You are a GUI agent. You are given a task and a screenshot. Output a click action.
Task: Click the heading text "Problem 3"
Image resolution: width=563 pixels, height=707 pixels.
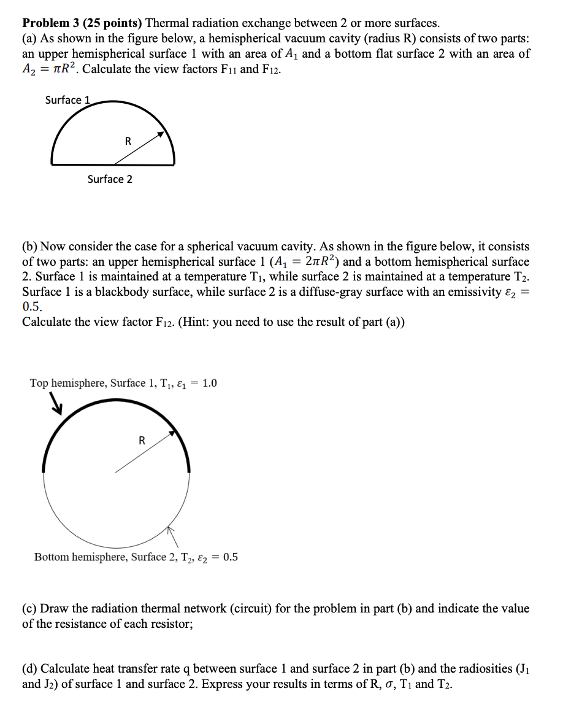(x=51, y=23)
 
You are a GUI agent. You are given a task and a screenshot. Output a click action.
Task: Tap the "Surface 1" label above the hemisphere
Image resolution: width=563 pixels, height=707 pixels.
(x=67, y=100)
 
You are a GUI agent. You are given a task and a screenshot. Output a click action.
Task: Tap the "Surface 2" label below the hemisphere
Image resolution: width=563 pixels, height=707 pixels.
(x=110, y=179)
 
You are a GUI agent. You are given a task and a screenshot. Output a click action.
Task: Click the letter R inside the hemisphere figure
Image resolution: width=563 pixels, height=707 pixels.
(x=128, y=141)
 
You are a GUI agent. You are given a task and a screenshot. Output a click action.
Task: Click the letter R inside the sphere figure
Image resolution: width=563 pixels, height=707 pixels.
(x=142, y=440)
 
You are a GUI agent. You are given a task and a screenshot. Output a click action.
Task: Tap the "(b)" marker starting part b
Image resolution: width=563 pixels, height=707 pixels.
(x=30, y=247)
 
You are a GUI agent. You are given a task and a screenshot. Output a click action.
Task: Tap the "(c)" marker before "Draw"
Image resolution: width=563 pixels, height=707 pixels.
(x=30, y=609)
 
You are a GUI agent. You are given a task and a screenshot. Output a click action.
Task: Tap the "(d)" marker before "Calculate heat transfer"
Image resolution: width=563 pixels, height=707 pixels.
(x=30, y=669)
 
